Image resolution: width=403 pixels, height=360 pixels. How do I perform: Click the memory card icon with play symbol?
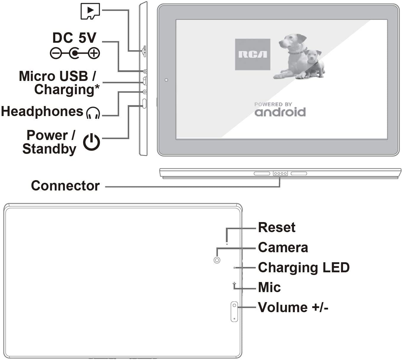pyautogui.click(x=90, y=11)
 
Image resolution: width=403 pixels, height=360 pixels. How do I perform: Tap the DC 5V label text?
pyautogui.click(x=74, y=38)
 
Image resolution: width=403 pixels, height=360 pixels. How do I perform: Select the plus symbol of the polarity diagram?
pyautogui.click(x=94, y=53)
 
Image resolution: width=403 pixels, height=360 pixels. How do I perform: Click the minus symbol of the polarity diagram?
pyautogui.click(x=56, y=53)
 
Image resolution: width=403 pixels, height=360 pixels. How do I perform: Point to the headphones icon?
pyautogui.click(x=93, y=113)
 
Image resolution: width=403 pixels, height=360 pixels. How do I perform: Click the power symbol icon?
pyautogui.click(x=91, y=142)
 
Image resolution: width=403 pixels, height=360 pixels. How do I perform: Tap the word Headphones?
pyautogui.click(x=42, y=112)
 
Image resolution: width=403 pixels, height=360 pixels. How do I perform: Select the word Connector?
pyautogui.click(x=65, y=186)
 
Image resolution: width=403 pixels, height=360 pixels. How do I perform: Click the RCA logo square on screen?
pyautogui.click(x=253, y=54)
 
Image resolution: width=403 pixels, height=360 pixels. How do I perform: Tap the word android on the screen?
pyautogui.click(x=280, y=112)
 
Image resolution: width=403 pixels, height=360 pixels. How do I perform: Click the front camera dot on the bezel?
pyautogui.click(x=166, y=80)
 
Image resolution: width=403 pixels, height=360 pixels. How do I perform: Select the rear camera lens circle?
pyautogui.click(x=217, y=260)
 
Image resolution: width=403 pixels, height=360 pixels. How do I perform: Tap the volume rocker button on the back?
pyautogui.click(x=234, y=312)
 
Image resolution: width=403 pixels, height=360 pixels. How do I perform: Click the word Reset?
pyautogui.click(x=276, y=227)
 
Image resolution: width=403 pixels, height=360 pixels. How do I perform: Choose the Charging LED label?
pyautogui.click(x=304, y=268)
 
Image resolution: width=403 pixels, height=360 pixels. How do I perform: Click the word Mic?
pyautogui.click(x=269, y=287)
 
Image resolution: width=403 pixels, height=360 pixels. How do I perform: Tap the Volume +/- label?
pyautogui.click(x=293, y=307)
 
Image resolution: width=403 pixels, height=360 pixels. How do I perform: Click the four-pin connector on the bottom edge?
pyautogui.click(x=280, y=174)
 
